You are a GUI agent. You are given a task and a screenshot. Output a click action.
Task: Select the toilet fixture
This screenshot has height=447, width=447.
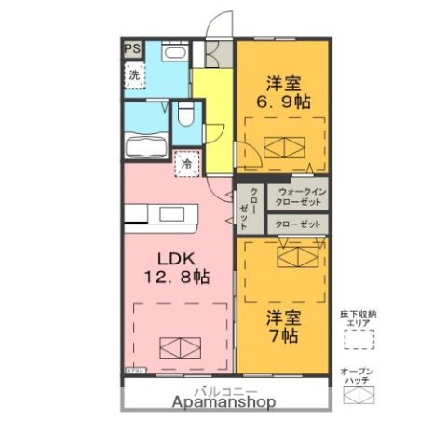tap(183, 115)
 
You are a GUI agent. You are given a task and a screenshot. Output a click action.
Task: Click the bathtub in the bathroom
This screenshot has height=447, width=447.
tap(144, 147)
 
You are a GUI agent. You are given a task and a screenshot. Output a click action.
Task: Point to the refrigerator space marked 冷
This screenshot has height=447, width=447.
tap(186, 165)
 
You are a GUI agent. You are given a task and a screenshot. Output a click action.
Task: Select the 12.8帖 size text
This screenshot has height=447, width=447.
tap(175, 277)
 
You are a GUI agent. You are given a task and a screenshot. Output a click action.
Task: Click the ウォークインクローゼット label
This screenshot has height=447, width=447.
tap(298, 198)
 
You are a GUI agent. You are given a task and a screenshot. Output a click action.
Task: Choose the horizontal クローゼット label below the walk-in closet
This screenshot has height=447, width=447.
tap(298, 224)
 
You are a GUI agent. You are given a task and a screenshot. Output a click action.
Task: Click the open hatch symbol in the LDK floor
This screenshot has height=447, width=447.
tap(181, 347)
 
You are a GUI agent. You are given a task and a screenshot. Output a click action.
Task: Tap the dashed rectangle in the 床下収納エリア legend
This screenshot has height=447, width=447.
tap(358, 340)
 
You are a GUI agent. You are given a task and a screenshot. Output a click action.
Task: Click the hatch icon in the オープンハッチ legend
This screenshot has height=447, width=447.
tap(358, 395)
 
